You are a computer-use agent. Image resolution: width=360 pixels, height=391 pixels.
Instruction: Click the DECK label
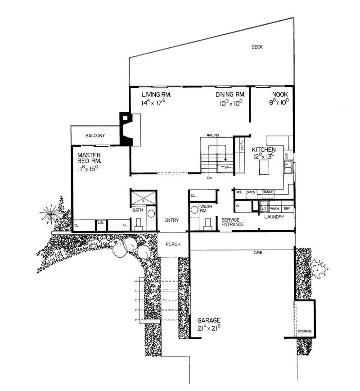[257, 47]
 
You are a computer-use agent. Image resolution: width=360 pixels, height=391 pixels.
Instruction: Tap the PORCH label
[173, 245]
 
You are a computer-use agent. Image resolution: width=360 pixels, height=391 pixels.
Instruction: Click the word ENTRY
[172, 220]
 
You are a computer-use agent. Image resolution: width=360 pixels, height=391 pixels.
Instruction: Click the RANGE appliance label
[268, 192]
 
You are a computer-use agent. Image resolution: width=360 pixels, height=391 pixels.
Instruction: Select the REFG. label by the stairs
[242, 144]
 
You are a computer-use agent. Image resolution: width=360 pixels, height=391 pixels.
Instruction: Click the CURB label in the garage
[257, 253]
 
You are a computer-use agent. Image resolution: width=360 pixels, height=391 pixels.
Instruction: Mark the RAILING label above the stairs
[213, 135]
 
